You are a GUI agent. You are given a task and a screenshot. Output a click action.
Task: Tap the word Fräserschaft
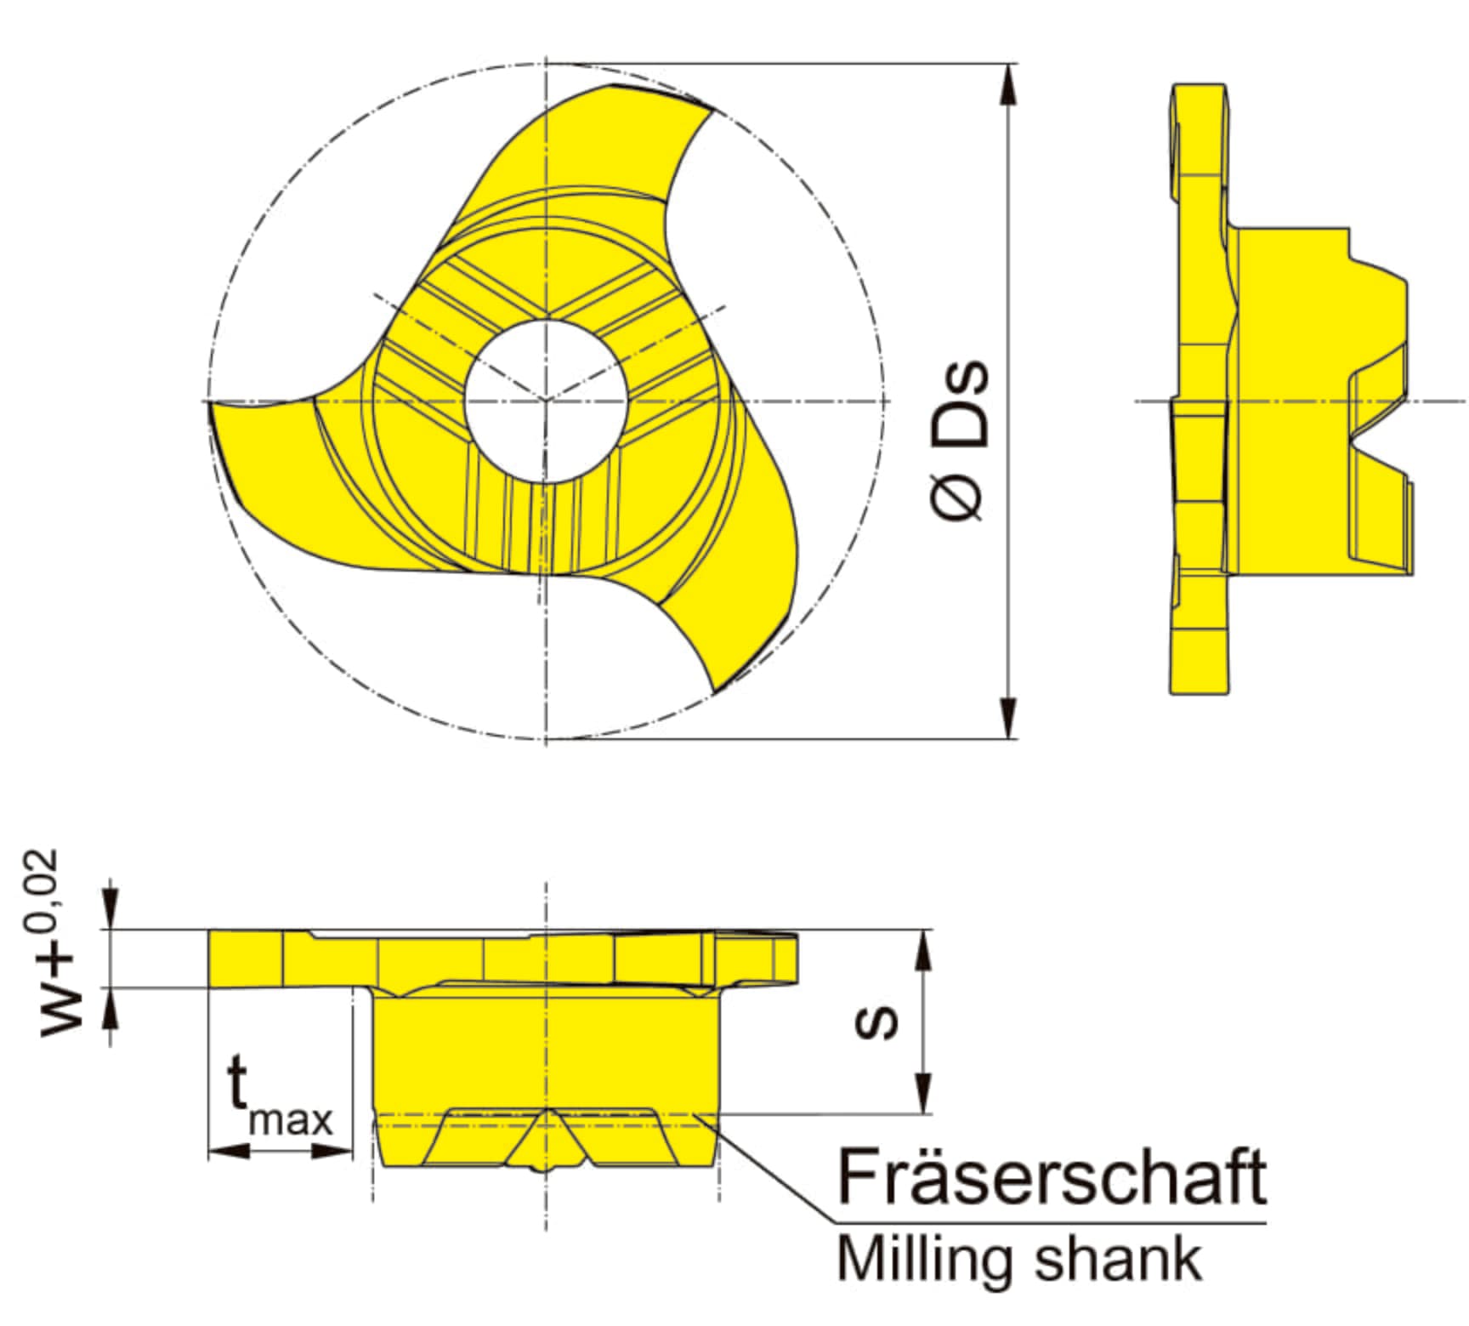pyautogui.click(x=1052, y=1177)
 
